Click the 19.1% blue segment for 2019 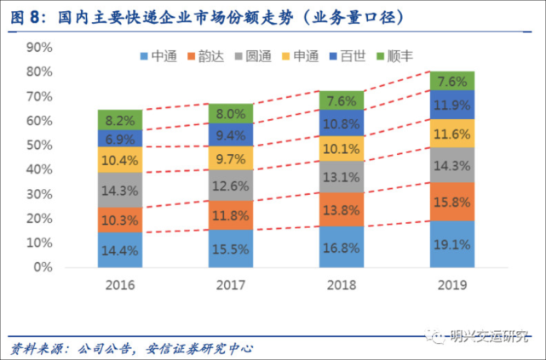coord(452,244)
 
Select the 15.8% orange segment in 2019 coord(452,202)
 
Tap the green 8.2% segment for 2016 coord(120,120)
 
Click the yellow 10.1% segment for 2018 coord(342,148)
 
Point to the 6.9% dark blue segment coord(120,138)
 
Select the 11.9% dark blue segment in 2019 coord(452,106)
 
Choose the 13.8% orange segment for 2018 coord(342,209)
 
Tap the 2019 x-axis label coord(452,285)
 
